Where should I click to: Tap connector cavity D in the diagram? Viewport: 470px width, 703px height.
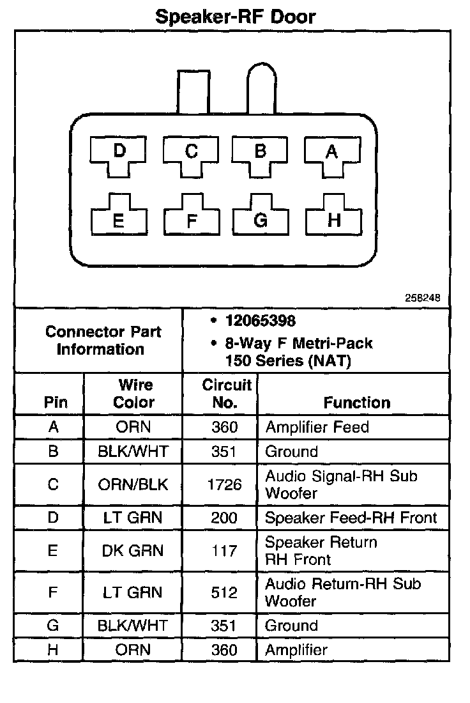(119, 155)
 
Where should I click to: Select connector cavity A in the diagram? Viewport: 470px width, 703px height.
(331, 155)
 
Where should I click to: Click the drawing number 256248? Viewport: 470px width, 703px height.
(422, 298)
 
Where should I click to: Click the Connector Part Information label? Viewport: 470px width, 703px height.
(103, 341)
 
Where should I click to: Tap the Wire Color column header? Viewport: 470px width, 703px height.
(135, 394)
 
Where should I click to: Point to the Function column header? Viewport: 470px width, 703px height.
(356, 403)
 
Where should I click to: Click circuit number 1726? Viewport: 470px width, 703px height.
(224, 485)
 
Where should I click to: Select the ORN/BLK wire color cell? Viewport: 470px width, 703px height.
(133, 485)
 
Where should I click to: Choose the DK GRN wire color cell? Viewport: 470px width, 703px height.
(133, 551)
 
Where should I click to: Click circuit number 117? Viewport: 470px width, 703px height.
(224, 551)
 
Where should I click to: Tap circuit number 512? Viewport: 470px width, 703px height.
(224, 592)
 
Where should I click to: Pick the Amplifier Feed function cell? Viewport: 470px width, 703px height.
(317, 427)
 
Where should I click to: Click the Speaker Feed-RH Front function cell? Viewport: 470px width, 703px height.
(351, 518)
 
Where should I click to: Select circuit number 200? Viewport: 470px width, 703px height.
(224, 518)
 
